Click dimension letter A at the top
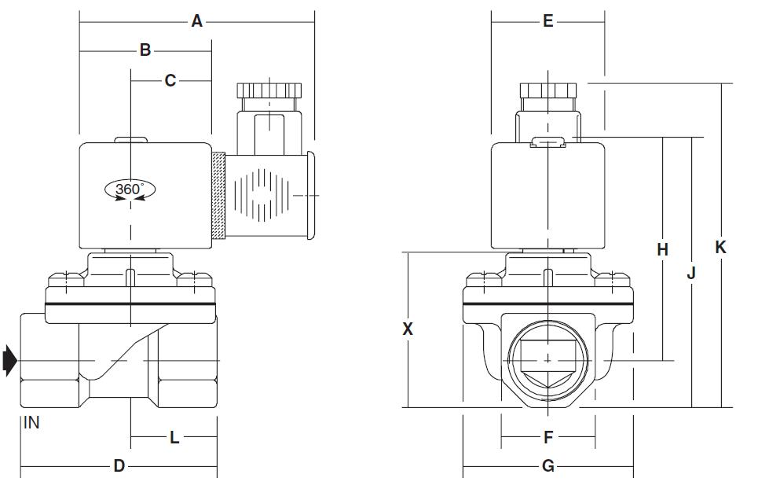pos(197,21)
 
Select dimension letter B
pos(145,50)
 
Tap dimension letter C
pos(170,80)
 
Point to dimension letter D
pos(119,466)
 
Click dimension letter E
pos(548,21)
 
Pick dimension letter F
pos(548,436)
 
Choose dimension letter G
pos(548,466)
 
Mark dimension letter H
pos(662,249)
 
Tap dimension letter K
pos(720,247)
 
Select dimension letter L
pos(174,437)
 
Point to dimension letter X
pos(408,329)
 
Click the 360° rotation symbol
pos(130,189)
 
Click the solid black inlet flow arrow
pos(9,360)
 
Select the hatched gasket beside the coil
pos(219,197)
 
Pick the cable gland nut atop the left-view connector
pos(269,89)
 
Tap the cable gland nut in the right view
pos(548,90)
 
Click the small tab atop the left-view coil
pos(130,142)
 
